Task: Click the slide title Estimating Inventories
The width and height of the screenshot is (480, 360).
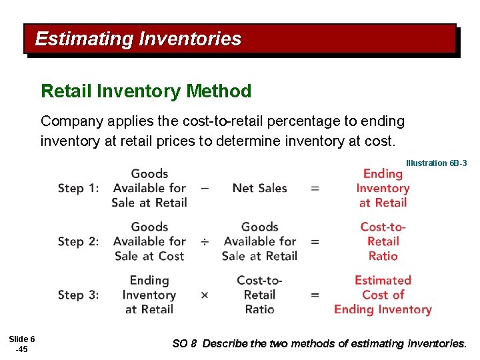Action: point(138,39)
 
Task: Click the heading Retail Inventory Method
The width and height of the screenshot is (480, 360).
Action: point(146,91)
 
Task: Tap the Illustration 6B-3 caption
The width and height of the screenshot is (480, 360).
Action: point(436,163)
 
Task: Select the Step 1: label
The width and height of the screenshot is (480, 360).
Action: point(78,188)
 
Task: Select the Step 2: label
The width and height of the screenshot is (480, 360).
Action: point(78,241)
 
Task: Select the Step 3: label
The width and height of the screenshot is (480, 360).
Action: point(78,295)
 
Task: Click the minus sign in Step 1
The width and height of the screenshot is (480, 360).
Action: point(205,188)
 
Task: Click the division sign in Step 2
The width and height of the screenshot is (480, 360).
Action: point(205,241)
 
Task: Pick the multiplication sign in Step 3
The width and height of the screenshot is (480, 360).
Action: point(205,295)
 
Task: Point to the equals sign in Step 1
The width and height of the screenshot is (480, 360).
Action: point(315,188)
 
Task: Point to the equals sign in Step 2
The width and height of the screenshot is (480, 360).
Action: point(315,241)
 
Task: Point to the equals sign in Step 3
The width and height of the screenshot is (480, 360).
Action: point(315,295)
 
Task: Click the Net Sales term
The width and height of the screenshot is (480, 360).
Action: point(259,188)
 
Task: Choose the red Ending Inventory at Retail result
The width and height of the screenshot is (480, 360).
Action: point(383,188)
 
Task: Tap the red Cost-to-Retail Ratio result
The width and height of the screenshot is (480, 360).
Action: point(383,241)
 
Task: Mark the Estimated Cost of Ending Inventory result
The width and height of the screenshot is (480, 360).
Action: point(383,295)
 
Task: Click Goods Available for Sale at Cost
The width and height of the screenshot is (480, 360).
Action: point(149,241)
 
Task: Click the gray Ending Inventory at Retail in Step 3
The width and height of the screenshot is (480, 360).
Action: point(149,295)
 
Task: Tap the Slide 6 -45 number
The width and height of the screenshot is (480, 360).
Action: point(23,344)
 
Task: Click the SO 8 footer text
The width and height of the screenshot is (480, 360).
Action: point(319,344)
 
